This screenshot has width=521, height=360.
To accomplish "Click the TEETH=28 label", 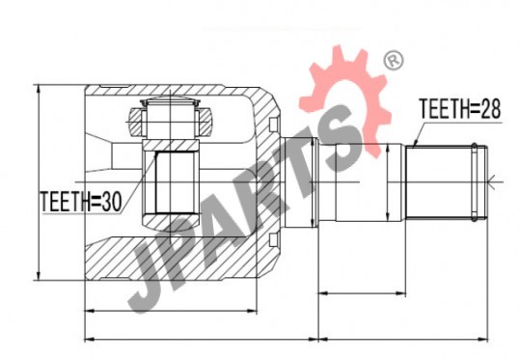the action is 459,108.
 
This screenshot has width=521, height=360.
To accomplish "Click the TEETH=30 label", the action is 81,202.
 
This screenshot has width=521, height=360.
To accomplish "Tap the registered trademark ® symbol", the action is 394,61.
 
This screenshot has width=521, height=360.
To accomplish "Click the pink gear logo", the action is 345,97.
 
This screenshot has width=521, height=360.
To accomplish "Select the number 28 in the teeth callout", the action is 490,108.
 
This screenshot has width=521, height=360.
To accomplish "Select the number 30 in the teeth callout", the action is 112,202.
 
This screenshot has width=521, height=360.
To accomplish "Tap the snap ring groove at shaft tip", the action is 474,182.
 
